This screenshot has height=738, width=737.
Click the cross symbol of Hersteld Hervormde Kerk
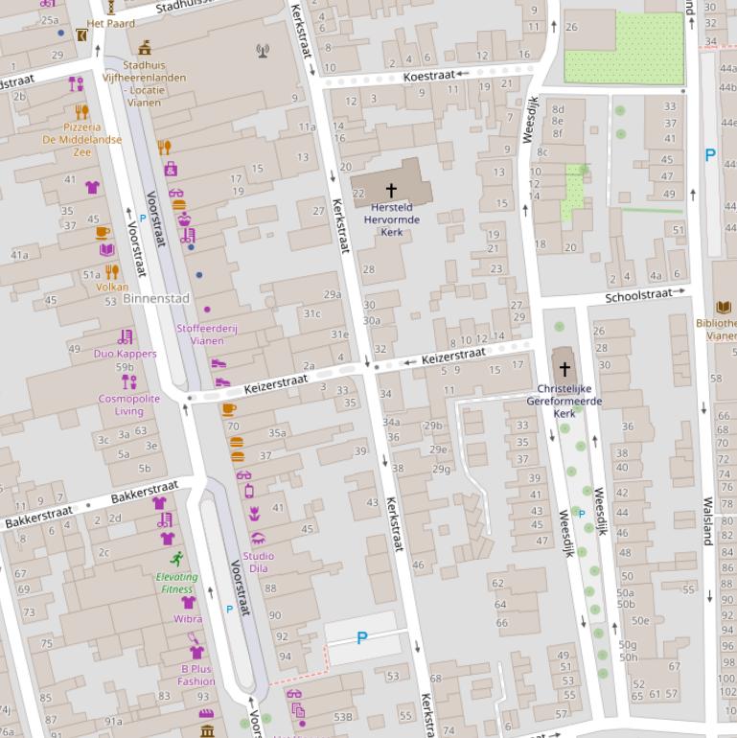tap(391, 191)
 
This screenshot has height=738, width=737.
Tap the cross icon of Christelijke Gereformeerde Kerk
tap(564, 369)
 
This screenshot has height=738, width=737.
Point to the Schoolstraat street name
tap(638, 296)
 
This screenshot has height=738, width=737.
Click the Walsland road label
tap(708, 520)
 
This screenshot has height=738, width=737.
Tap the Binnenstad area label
tap(155, 299)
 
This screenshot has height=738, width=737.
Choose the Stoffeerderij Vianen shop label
tap(207, 334)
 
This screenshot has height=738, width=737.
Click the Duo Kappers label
tap(125, 354)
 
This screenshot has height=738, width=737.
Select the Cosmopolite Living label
tap(128, 404)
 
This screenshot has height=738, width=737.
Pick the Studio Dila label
tap(258, 562)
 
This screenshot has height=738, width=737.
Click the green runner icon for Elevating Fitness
tap(176, 559)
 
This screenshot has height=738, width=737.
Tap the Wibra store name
tap(188, 619)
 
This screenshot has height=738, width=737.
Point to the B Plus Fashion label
tap(196, 675)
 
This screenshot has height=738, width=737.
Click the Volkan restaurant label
tap(112, 287)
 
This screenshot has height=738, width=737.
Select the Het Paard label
tap(110, 23)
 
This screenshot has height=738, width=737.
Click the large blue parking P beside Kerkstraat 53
tap(362, 637)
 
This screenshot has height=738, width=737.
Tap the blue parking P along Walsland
tap(710, 154)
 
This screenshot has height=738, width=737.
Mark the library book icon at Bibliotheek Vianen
tap(724, 307)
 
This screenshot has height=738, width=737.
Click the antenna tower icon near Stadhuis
tap(263, 50)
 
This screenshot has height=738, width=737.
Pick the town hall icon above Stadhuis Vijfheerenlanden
tap(145, 48)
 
